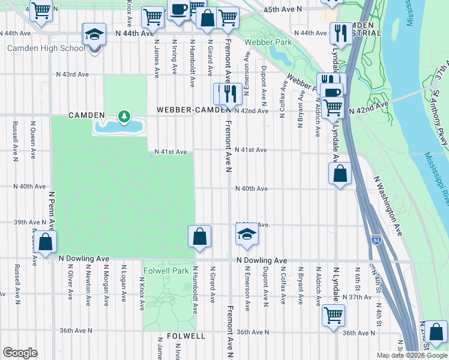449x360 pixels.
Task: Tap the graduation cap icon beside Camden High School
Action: tap(94, 35)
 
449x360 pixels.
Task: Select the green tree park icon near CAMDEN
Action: tap(124, 115)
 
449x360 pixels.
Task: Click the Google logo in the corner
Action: tap(20, 352)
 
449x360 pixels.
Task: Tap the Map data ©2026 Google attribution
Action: tap(411, 355)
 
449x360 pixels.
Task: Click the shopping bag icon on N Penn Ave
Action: tap(45, 242)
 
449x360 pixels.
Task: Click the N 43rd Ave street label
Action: tap(72, 75)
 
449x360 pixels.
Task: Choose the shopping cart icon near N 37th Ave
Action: tap(333, 314)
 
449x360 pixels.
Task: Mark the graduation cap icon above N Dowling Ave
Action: tap(246, 235)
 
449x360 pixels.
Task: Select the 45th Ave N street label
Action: tap(282, 10)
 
